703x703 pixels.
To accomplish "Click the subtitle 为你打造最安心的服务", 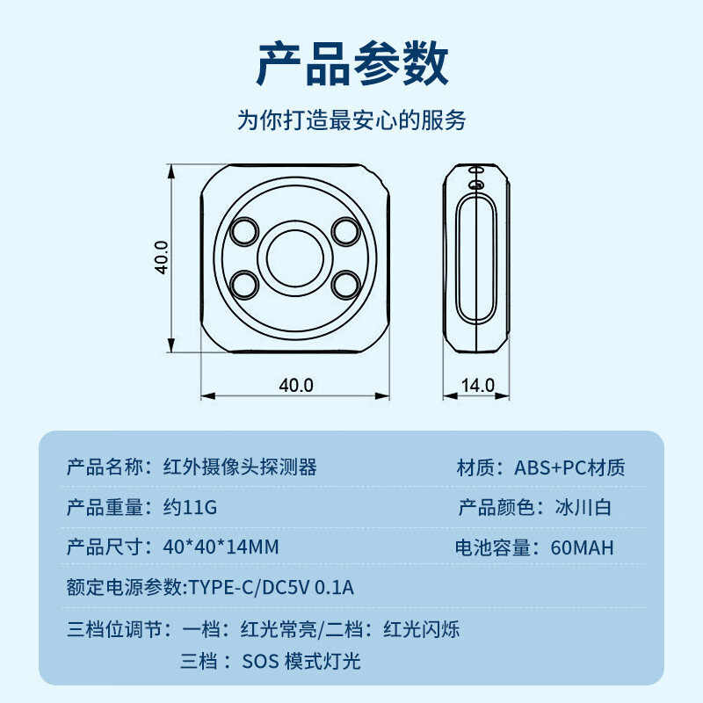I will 351,120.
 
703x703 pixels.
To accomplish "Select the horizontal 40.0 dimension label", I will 296,385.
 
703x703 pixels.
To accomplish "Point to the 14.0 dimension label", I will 478,385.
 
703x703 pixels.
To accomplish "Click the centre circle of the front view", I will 294,257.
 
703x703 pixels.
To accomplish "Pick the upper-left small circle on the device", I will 243,231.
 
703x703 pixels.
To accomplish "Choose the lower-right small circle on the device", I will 346,283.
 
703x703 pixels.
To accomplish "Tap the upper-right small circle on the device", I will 346,231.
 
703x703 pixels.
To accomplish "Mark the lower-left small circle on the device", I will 243,283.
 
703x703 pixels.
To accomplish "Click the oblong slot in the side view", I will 476,258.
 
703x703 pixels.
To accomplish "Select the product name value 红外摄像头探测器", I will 240,467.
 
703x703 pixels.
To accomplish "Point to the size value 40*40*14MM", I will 221,547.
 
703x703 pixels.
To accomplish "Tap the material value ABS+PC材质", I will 569,467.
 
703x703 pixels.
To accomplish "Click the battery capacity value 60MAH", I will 582,547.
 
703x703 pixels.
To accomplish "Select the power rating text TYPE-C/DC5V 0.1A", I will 272,588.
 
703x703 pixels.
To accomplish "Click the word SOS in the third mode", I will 259,661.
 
